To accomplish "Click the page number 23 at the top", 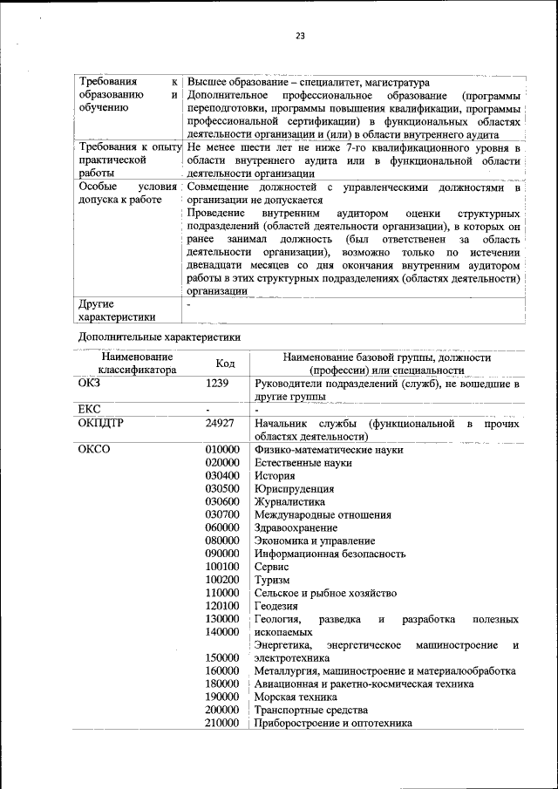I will [x=300, y=36].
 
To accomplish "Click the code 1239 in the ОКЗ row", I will [x=217, y=383].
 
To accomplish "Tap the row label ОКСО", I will [x=93, y=449].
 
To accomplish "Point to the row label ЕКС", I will [x=89, y=408].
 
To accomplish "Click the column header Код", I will [x=225, y=364].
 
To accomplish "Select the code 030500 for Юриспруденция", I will [x=222, y=488].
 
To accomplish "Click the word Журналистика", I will [x=289, y=501].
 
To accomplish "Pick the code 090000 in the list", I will [x=222, y=554].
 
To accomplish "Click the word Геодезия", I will [x=276, y=606].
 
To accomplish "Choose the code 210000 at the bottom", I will [x=222, y=724].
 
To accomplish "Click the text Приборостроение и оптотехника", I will [x=333, y=724].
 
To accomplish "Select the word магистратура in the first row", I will [x=385, y=82].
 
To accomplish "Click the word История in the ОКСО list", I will [x=275, y=475].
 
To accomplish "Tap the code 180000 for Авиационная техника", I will [x=222, y=684].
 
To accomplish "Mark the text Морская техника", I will [x=296, y=697].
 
